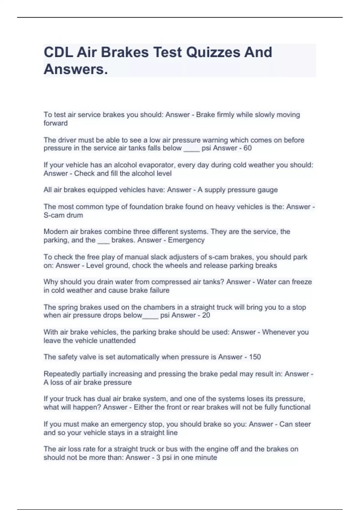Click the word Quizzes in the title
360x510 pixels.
click(x=213, y=52)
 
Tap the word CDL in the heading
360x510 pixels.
click(x=58, y=52)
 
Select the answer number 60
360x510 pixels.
click(x=247, y=148)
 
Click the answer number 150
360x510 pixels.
click(x=255, y=357)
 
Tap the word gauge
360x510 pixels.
click(x=268, y=190)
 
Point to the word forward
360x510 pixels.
click(x=55, y=123)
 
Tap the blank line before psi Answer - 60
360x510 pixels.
click(x=191, y=149)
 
